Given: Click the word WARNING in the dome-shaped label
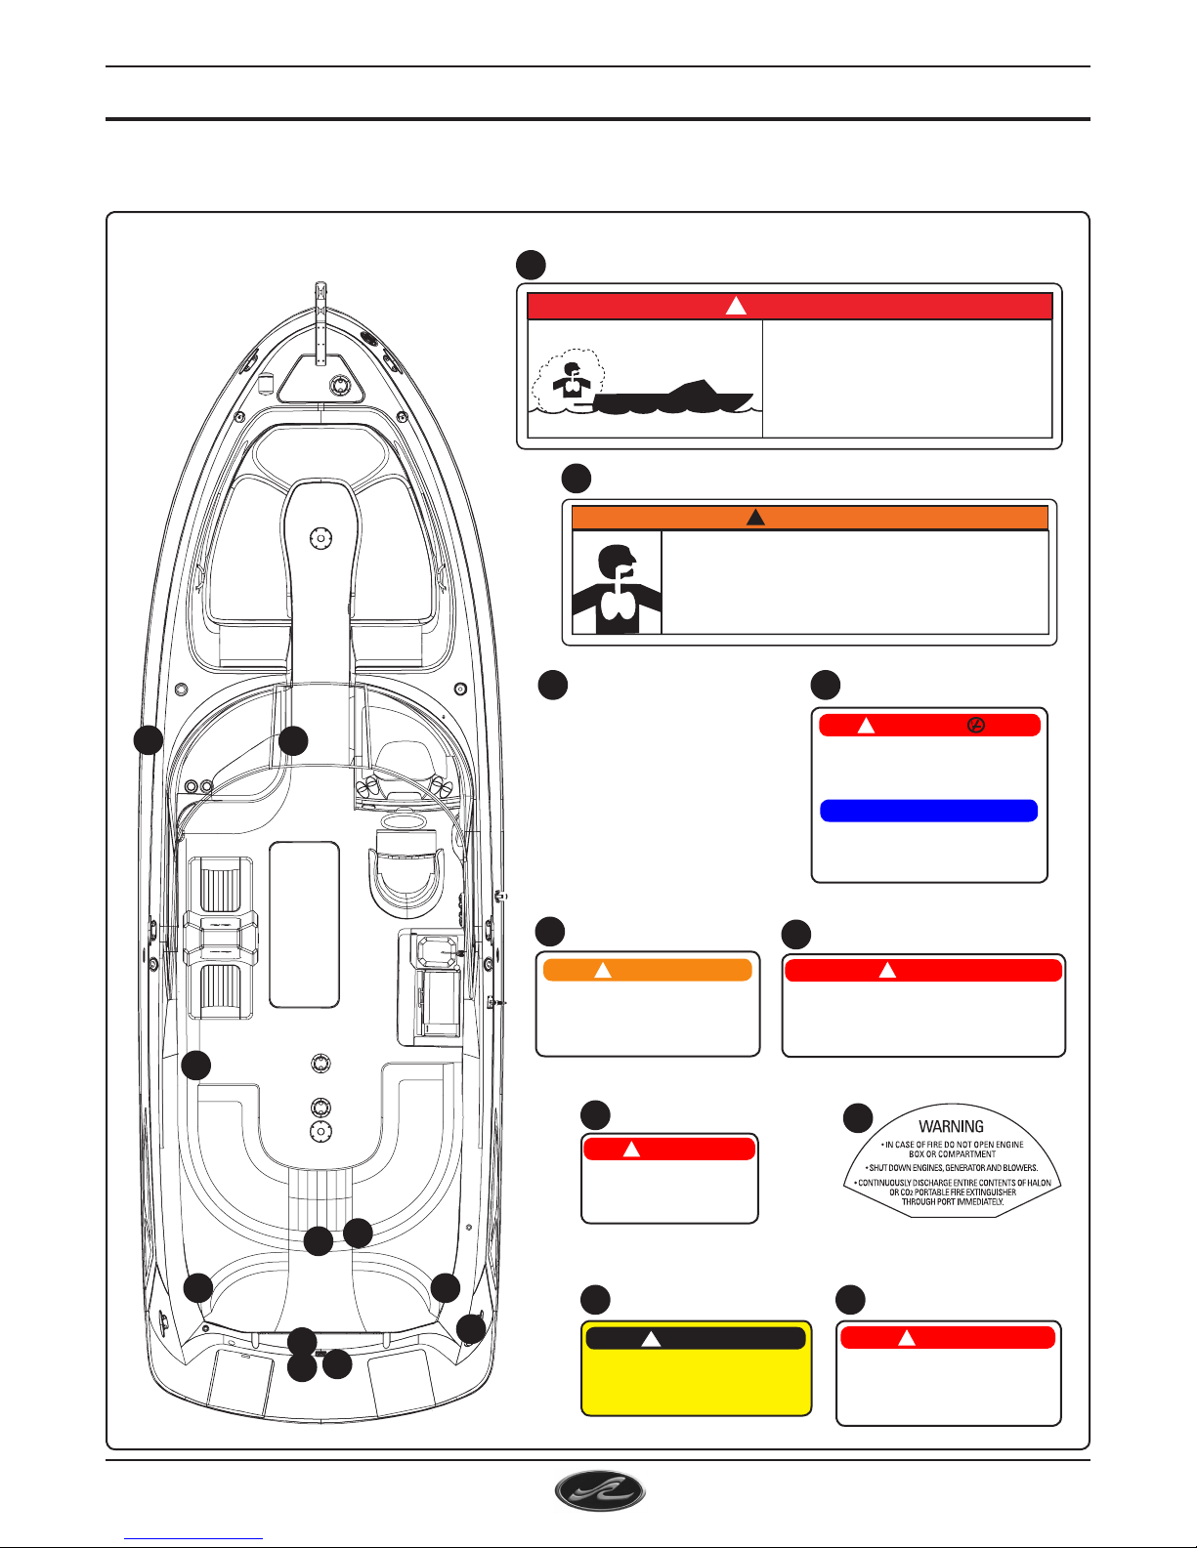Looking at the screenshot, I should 951,1126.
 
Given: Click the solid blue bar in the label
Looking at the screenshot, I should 928,811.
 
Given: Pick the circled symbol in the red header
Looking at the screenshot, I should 975,726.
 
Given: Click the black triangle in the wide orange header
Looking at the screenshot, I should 755,518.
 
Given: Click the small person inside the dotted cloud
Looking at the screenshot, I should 571,380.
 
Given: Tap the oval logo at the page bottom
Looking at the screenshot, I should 600,1492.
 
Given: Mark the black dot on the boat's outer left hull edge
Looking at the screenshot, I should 148,740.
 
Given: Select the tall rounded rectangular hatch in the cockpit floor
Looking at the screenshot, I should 304,924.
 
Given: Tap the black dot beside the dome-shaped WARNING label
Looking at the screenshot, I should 857,1118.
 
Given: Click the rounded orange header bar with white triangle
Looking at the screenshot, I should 647,970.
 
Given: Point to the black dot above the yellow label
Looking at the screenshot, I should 595,1299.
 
